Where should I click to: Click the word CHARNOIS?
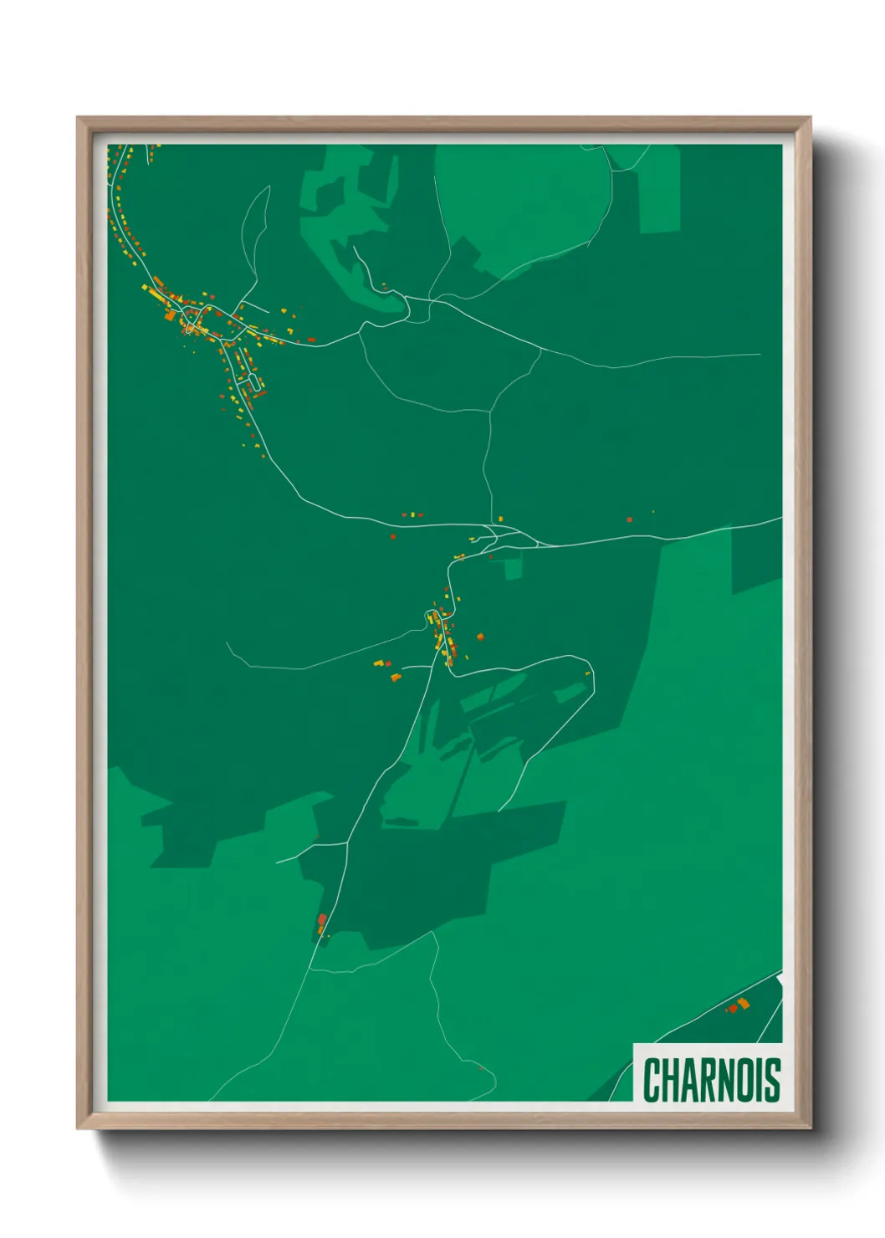(x=711, y=1079)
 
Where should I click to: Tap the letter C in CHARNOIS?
(x=652, y=1079)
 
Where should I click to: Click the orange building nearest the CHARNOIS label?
(x=744, y=1003)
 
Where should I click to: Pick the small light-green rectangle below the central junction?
(x=512, y=569)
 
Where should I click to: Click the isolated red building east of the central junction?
(x=630, y=519)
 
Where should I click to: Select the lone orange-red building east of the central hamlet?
(x=480, y=637)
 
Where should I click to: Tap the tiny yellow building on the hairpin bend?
(x=588, y=673)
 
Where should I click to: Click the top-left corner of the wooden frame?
(x=78, y=118)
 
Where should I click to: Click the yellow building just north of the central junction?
(x=500, y=519)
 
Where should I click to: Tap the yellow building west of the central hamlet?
(x=378, y=663)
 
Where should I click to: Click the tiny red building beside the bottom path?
(x=480, y=1067)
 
